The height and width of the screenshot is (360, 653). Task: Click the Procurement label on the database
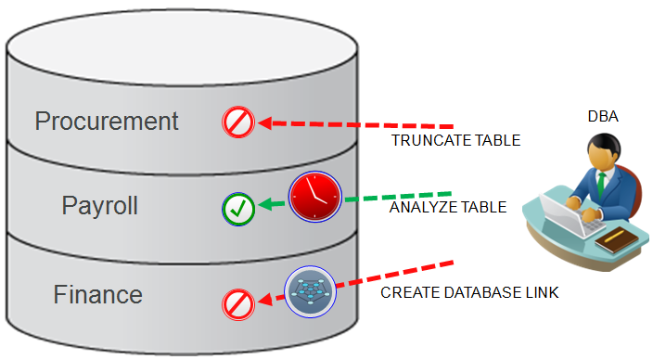click(x=106, y=121)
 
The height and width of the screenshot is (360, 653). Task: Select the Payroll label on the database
click(x=100, y=205)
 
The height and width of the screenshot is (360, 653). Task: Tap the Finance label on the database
click(x=98, y=295)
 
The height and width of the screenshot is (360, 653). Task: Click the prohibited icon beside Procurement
click(x=237, y=122)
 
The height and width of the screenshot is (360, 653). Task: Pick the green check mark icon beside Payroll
click(x=237, y=208)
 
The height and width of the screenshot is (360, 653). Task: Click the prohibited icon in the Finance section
click(x=238, y=303)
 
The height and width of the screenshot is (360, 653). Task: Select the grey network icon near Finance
click(x=310, y=289)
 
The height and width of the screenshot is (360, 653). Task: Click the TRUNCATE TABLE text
click(x=455, y=142)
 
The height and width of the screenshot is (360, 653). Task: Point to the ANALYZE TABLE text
click(x=447, y=208)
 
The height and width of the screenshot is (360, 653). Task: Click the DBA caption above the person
click(x=603, y=117)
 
